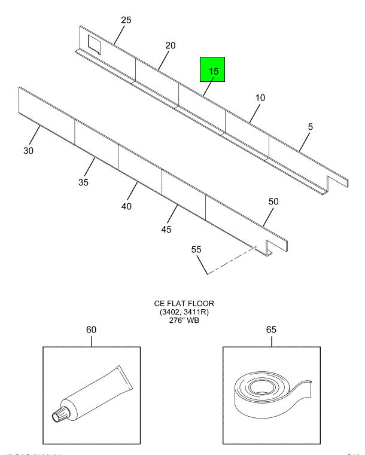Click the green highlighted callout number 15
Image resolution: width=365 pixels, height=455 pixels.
[213, 71]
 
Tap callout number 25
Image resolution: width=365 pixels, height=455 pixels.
[126, 20]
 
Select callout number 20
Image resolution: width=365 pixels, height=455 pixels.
[171, 45]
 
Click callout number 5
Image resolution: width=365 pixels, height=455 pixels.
[310, 127]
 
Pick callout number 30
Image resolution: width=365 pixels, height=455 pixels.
[29, 151]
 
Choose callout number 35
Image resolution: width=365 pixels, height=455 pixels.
[83, 182]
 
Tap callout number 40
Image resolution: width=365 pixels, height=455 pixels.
[126, 206]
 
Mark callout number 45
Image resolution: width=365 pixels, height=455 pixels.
[166, 229]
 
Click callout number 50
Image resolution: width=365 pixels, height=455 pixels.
[273, 201]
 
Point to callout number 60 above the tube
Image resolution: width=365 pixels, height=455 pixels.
[92, 329]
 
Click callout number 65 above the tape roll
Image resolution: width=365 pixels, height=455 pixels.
[272, 329]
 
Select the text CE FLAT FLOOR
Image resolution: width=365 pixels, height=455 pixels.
[182, 304]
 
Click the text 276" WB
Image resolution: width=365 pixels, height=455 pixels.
[182, 320]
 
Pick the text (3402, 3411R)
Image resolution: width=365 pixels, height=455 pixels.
[182, 312]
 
